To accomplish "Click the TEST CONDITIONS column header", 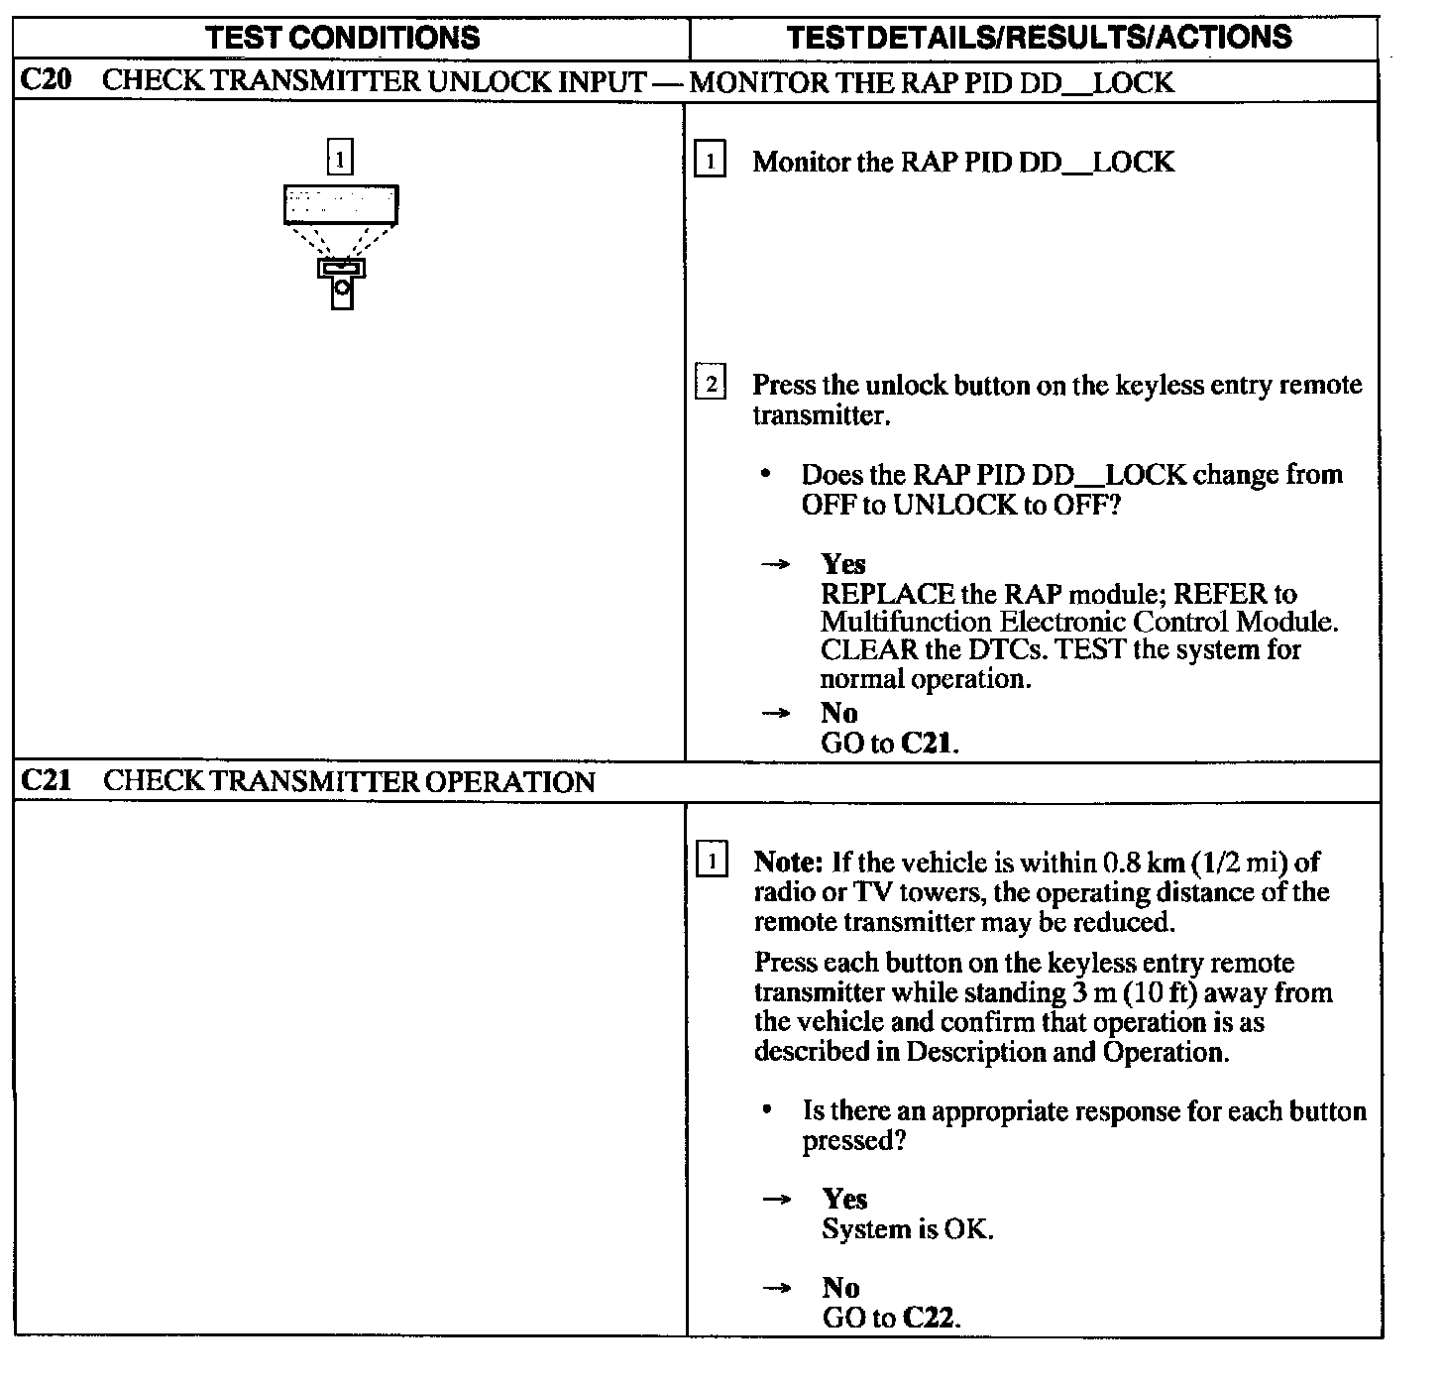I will (343, 38).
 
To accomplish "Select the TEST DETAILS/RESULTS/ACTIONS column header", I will (1039, 38).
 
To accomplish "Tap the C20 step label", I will (46, 81).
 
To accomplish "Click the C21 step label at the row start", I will (46, 781).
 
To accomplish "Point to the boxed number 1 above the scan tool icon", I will (340, 159).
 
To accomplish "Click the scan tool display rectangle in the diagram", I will (341, 204).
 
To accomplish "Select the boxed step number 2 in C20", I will (710, 383).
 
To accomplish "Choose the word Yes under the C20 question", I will (843, 564).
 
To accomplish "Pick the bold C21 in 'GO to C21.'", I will (928, 743).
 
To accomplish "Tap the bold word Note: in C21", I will (789, 862).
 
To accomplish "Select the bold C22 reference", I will (931, 1318).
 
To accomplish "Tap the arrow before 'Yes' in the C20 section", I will (776, 564).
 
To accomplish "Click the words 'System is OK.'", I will (907, 1229).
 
